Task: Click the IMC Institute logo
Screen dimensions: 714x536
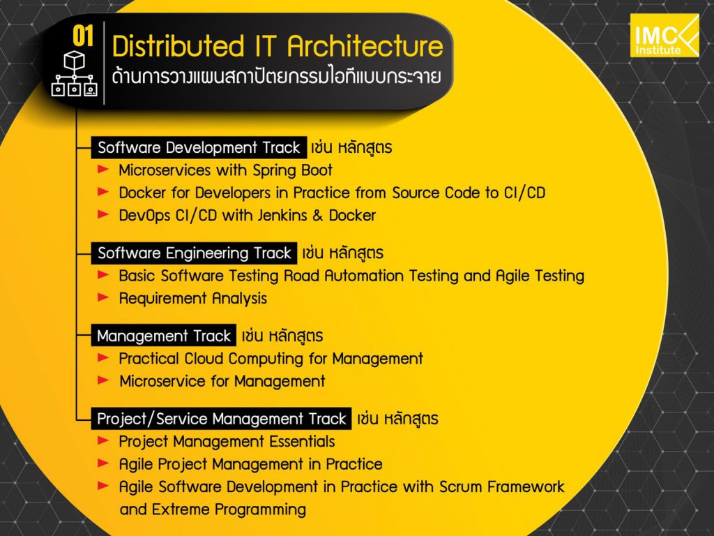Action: tap(664, 36)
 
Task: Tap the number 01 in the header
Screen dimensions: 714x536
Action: tap(83, 36)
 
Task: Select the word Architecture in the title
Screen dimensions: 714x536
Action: tap(365, 46)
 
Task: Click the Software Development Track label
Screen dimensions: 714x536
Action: tap(199, 148)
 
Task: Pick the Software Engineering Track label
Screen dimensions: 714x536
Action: tap(194, 253)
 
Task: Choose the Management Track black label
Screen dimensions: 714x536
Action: tap(164, 336)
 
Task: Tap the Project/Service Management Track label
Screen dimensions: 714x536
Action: tap(221, 419)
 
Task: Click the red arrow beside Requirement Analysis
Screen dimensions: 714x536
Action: tap(103, 297)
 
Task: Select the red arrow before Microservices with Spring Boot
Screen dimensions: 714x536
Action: tap(103, 169)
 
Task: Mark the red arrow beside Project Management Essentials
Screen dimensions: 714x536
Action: tap(103, 440)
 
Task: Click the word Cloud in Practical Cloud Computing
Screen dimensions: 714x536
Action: tap(203, 359)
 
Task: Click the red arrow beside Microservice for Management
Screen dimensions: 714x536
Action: tap(103, 380)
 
